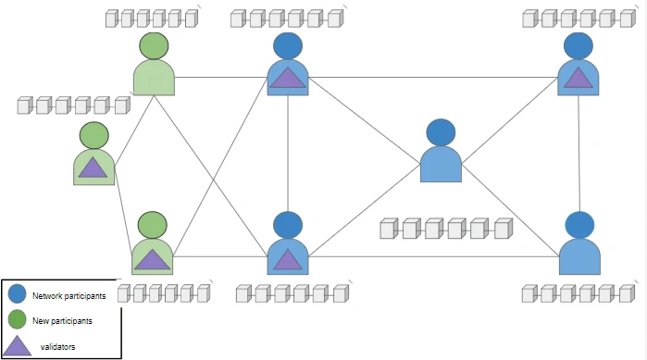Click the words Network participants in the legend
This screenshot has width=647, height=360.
tap(68, 296)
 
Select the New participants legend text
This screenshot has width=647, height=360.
tap(63, 320)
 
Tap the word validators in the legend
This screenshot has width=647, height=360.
tap(58, 346)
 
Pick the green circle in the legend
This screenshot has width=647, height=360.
tap(17, 320)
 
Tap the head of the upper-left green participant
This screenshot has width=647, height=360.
tap(154, 46)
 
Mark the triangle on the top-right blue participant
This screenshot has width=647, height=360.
tap(579, 77)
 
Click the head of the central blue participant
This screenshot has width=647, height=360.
tap(441, 132)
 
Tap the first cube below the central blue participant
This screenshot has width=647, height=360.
tap(389, 229)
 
